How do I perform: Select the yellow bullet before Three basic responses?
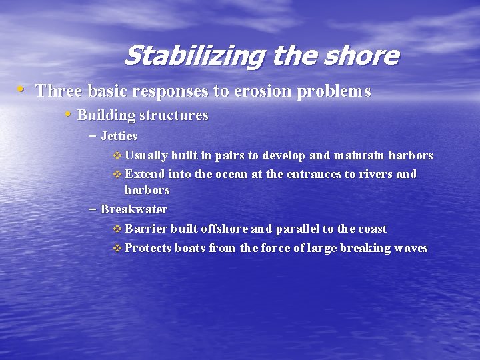22,89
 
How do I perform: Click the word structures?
174,115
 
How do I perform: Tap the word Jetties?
119,136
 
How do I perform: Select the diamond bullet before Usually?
117,156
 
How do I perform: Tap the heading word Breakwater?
134,209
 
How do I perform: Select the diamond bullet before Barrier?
117,229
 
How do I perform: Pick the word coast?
372,229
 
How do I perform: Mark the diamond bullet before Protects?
117,249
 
